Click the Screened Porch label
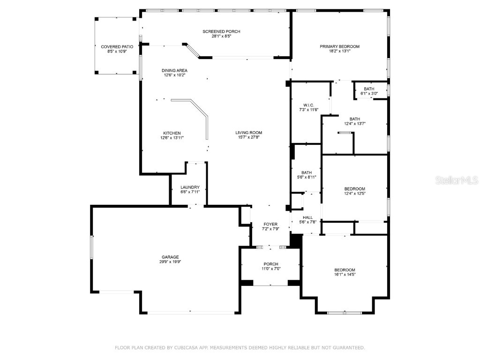point(221,31)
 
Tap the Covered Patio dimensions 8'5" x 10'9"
point(117,52)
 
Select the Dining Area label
point(174,70)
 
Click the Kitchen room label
point(172,133)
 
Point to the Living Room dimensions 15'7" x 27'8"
point(248,137)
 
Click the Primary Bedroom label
point(339,46)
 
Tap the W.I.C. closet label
point(308,105)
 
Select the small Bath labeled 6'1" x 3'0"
point(369,89)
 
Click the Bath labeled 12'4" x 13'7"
point(354,119)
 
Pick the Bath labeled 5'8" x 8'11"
point(307,172)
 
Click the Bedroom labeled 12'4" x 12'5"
point(354,189)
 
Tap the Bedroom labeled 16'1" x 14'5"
point(345,270)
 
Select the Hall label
point(307,217)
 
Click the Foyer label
point(270,224)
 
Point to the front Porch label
point(270,264)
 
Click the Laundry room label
point(190,187)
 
